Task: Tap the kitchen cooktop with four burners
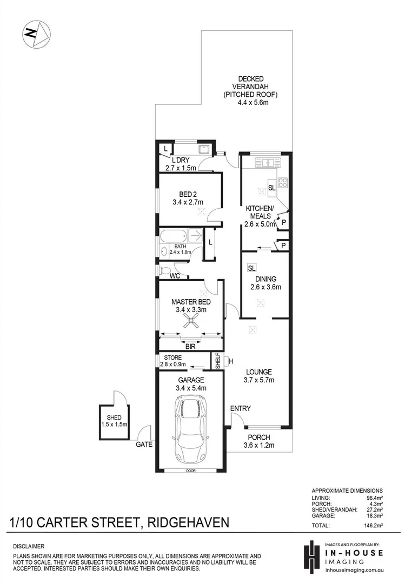283,183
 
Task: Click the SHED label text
114,418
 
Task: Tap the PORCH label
258,438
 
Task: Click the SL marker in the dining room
252,268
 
